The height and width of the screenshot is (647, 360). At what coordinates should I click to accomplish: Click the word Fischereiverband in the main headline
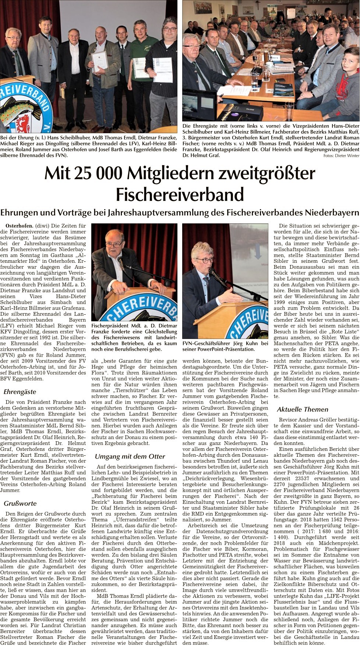pyautogui.click(x=180, y=194)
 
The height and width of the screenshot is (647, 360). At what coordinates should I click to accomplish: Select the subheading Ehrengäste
pyautogui.click(x=20, y=392)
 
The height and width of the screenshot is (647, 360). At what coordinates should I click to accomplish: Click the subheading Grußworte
pyautogui.click(x=20, y=503)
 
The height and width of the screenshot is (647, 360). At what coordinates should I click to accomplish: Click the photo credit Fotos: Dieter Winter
pyautogui.click(x=341, y=156)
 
